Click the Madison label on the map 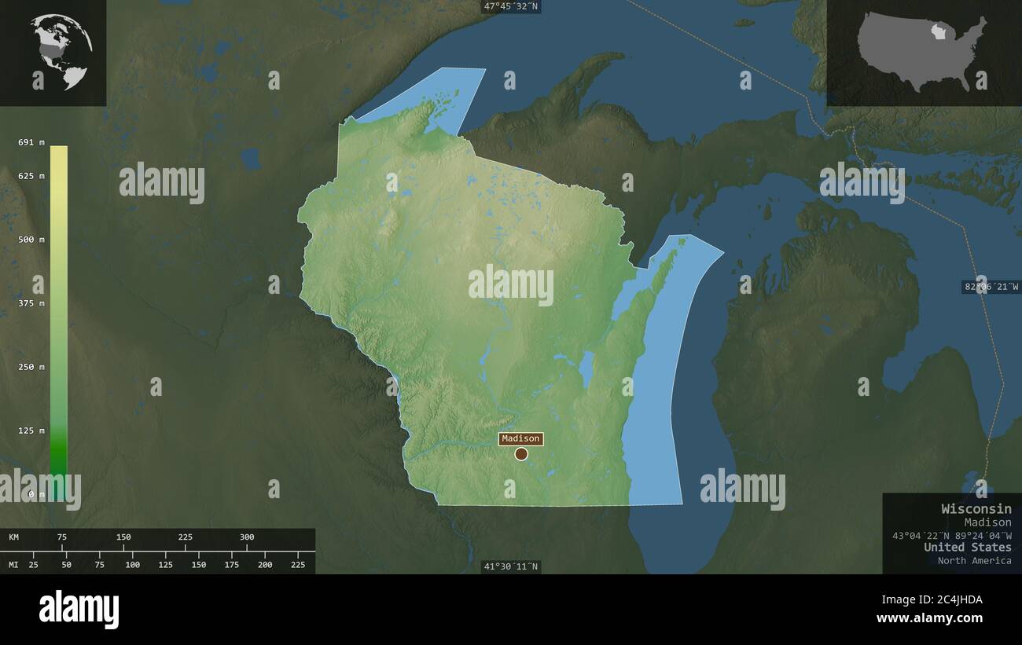(x=520, y=438)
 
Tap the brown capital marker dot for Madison (x=521, y=453)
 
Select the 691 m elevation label (x=31, y=142)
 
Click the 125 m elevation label (x=31, y=431)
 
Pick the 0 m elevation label (x=36, y=494)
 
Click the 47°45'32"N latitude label (x=511, y=6)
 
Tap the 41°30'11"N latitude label (x=511, y=566)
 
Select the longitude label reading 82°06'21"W (x=991, y=287)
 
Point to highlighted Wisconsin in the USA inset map (x=937, y=32)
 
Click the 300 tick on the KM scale (x=247, y=537)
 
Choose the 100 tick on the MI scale (x=132, y=564)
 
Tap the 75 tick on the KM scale (x=62, y=537)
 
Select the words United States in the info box (x=967, y=548)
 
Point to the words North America (x=974, y=560)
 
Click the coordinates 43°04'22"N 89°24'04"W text (x=951, y=535)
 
